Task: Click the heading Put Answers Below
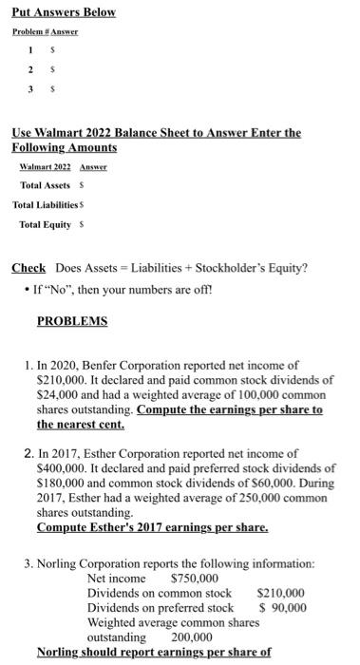[63, 12]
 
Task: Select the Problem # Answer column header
[45, 31]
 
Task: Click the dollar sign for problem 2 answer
[51, 68]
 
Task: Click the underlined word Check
[28, 267]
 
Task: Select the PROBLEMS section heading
[71, 321]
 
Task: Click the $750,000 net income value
[194, 578]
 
